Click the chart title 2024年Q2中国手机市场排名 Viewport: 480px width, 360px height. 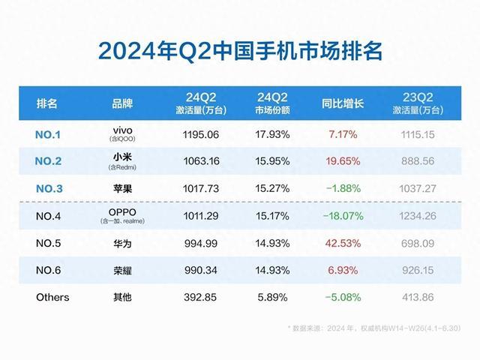(x=240, y=52)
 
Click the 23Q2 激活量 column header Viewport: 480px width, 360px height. (x=417, y=103)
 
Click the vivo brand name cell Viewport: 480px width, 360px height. (x=121, y=132)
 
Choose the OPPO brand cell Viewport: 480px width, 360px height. (x=121, y=214)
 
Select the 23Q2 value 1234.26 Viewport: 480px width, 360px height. (x=418, y=217)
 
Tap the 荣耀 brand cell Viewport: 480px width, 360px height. (x=121, y=270)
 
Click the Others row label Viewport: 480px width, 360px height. (x=52, y=297)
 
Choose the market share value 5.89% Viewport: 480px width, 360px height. (x=268, y=297)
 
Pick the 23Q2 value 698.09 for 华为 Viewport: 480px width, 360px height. (x=418, y=243)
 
